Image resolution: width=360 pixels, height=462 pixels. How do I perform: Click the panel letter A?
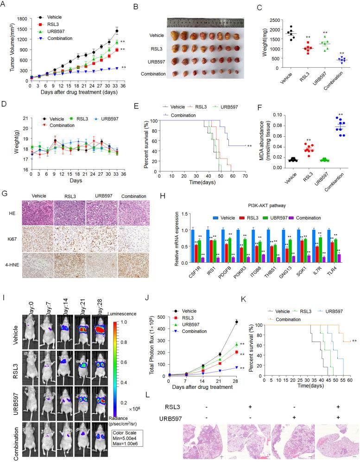(4, 4)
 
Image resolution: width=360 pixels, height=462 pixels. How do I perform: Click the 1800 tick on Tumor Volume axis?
(22, 18)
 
